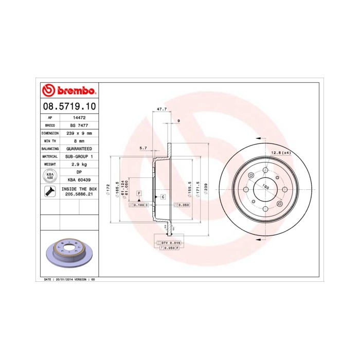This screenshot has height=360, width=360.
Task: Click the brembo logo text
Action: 72,92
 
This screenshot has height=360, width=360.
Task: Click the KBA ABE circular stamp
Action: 50,175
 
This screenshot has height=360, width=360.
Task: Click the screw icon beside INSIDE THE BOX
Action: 50,192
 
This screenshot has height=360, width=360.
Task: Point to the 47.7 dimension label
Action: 161,109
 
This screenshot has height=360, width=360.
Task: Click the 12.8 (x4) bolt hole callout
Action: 281,153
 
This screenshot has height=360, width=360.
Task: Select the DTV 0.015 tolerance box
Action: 170,242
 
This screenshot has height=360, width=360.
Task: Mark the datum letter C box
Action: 163,197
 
